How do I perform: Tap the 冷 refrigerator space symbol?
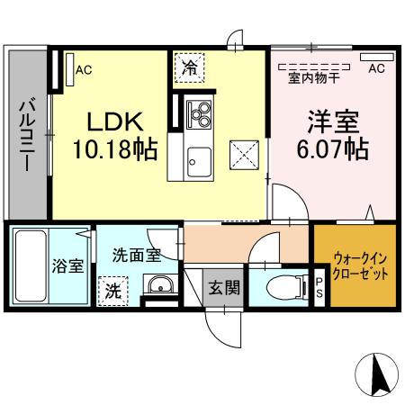point(190,67)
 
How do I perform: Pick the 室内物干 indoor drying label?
point(313,77)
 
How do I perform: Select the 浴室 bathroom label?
point(62,266)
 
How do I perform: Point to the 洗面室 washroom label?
point(137,255)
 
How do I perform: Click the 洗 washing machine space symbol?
point(113,290)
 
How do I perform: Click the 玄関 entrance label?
point(224,288)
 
